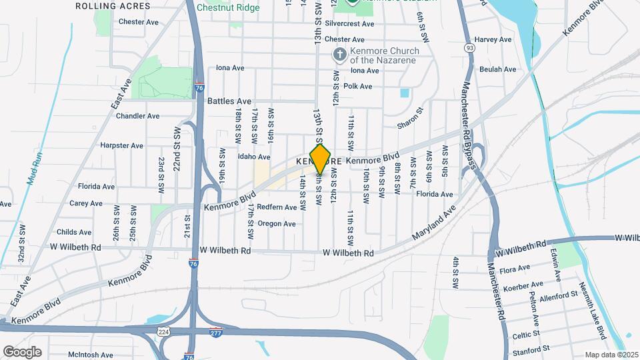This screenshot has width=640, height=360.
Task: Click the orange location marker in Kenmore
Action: tap(321, 159)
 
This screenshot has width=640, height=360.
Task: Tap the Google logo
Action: tap(22, 352)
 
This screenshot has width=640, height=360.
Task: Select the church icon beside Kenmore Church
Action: tap(339, 55)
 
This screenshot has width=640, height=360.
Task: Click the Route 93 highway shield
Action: tap(471, 48)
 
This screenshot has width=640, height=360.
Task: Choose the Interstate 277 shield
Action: tap(216, 331)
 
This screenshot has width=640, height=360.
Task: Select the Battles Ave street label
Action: tap(229, 101)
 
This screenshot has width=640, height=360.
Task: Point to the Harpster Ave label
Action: tap(121, 145)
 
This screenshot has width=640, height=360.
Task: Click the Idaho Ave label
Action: tap(253, 157)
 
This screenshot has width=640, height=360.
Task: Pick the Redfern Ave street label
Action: tap(277, 207)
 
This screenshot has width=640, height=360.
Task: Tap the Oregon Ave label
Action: tap(276, 224)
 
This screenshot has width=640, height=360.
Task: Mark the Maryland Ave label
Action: tap(433, 223)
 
